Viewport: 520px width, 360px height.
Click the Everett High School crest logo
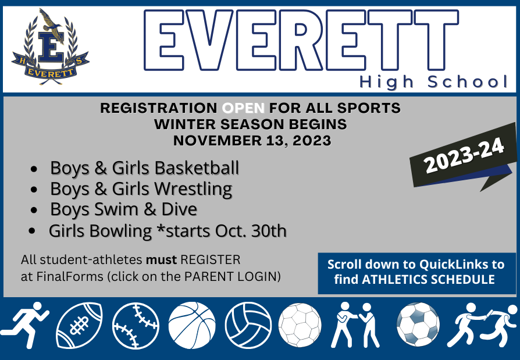click(x=51, y=47)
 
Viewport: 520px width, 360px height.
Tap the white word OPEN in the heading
click(x=243, y=108)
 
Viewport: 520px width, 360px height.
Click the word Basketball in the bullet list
click(x=197, y=167)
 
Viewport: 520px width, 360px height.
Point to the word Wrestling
click(x=193, y=189)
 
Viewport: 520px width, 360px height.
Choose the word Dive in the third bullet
click(x=179, y=209)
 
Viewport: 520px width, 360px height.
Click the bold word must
click(x=161, y=260)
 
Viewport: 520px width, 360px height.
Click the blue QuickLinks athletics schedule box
click(x=417, y=273)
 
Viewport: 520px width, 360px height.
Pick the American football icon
click(x=79, y=325)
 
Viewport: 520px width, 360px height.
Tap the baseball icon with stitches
click(x=136, y=326)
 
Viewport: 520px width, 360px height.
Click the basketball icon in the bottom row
click(x=192, y=325)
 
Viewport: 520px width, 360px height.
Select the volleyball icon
click(x=248, y=325)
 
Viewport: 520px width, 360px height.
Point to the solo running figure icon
click(x=25, y=325)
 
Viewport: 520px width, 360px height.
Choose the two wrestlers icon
click(x=356, y=325)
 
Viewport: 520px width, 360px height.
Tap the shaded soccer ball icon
click(x=418, y=325)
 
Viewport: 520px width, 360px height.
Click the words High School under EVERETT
click(x=433, y=82)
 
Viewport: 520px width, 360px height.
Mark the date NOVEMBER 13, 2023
click(x=252, y=141)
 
